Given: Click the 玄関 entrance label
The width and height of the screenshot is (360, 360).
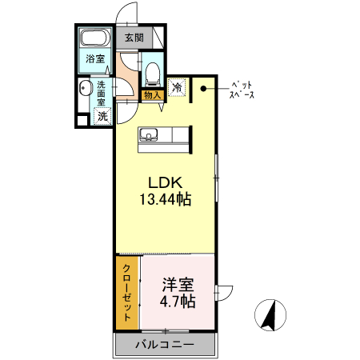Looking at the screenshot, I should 134,38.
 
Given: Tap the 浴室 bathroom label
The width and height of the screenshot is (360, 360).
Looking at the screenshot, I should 95,58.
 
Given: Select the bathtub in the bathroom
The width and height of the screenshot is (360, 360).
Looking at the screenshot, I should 95,37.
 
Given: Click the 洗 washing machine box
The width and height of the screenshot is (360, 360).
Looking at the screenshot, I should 102,116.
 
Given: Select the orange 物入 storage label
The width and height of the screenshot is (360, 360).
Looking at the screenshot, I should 153,96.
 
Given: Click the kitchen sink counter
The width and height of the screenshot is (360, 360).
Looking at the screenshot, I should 164,137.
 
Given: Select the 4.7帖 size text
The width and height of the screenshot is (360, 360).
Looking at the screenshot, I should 177,302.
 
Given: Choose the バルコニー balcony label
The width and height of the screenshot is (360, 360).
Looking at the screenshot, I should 164,346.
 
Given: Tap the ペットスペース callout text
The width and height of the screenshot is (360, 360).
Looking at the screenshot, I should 242,89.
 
